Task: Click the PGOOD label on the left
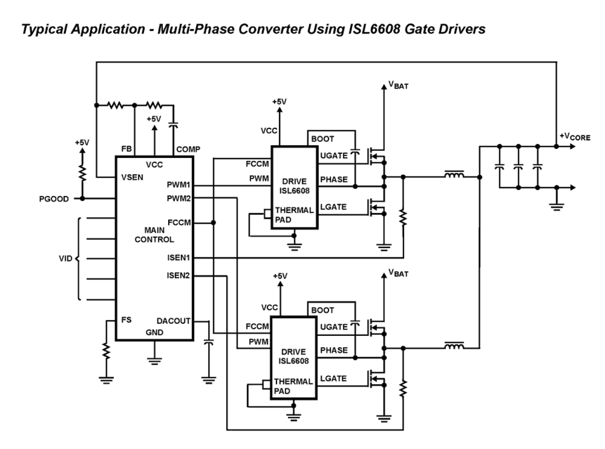[x=53, y=198]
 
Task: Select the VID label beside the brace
[x=66, y=259]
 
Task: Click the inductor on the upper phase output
[x=454, y=176]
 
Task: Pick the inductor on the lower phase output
[x=454, y=346]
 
